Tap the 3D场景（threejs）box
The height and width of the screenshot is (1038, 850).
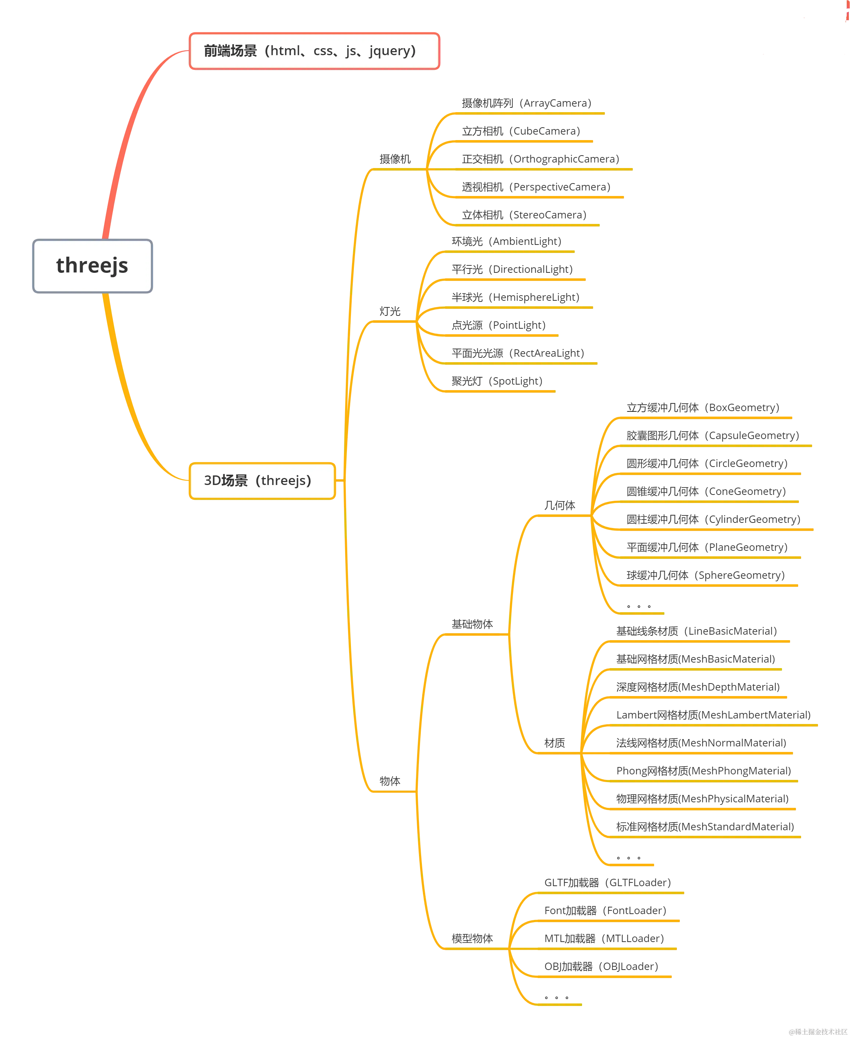point(262,481)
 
